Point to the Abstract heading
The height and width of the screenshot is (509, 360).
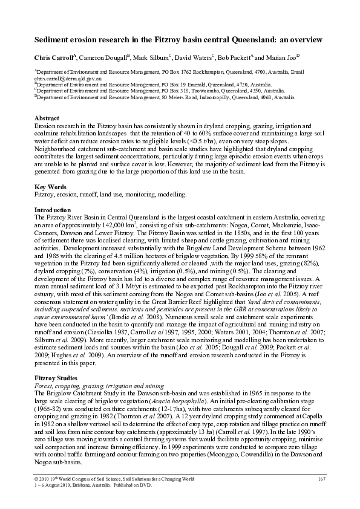(x=47, y=117)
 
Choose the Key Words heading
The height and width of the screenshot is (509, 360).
(x=51, y=187)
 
